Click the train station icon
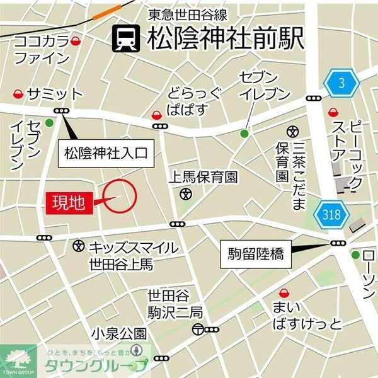click(x=126, y=40)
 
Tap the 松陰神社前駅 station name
click(x=226, y=40)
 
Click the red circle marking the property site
click(x=119, y=196)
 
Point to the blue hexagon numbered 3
click(x=341, y=82)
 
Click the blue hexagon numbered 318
click(x=332, y=215)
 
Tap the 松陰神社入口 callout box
click(x=105, y=152)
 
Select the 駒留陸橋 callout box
click(x=255, y=255)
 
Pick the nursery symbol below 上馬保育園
click(x=185, y=195)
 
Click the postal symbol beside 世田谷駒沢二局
click(x=198, y=328)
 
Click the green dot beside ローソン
click(x=356, y=255)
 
